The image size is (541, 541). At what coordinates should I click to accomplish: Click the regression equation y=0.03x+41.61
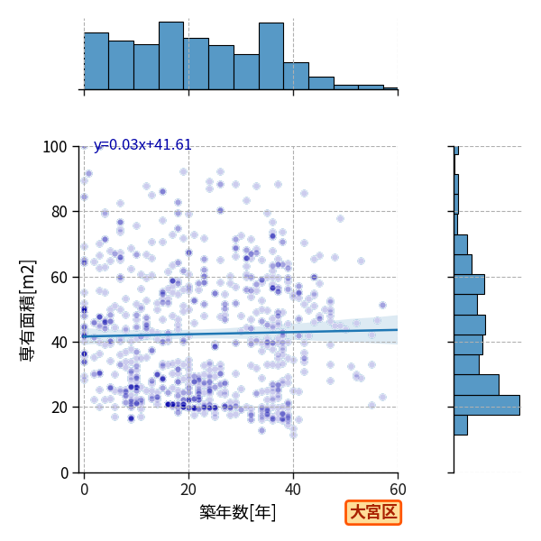(142, 145)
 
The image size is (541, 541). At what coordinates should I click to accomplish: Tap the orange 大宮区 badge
(373, 512)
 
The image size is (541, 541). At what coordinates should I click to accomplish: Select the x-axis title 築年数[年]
(238, 512)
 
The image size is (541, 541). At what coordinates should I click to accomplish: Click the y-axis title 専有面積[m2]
(28, 310)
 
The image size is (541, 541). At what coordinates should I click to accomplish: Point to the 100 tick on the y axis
(54, 147)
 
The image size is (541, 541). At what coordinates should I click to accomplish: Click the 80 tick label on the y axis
(59, 212)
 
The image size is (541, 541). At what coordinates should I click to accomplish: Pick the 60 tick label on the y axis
(59, 277)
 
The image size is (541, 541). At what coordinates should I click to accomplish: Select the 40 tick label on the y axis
(59, 343)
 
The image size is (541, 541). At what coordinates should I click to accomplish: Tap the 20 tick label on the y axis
(59, 408)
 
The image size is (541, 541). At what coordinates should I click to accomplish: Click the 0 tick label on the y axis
(64, 473)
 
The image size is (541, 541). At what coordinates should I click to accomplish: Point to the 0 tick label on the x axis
(85, 490)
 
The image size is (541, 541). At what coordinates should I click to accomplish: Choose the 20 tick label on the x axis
(188, 490)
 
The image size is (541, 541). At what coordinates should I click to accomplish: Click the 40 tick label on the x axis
(293, 490)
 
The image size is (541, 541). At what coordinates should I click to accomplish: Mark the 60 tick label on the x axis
(398, 490)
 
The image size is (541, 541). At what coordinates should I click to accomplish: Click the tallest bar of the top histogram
(171, 56)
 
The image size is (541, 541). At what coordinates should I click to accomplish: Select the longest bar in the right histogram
(487, 405)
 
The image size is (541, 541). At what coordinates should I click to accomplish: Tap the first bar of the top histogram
(96, 61)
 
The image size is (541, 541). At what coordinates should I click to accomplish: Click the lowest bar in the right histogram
(461, 425)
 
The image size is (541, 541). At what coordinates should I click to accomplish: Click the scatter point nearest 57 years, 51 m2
(382, 305)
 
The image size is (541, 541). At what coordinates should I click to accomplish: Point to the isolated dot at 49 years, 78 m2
(340, 218)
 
